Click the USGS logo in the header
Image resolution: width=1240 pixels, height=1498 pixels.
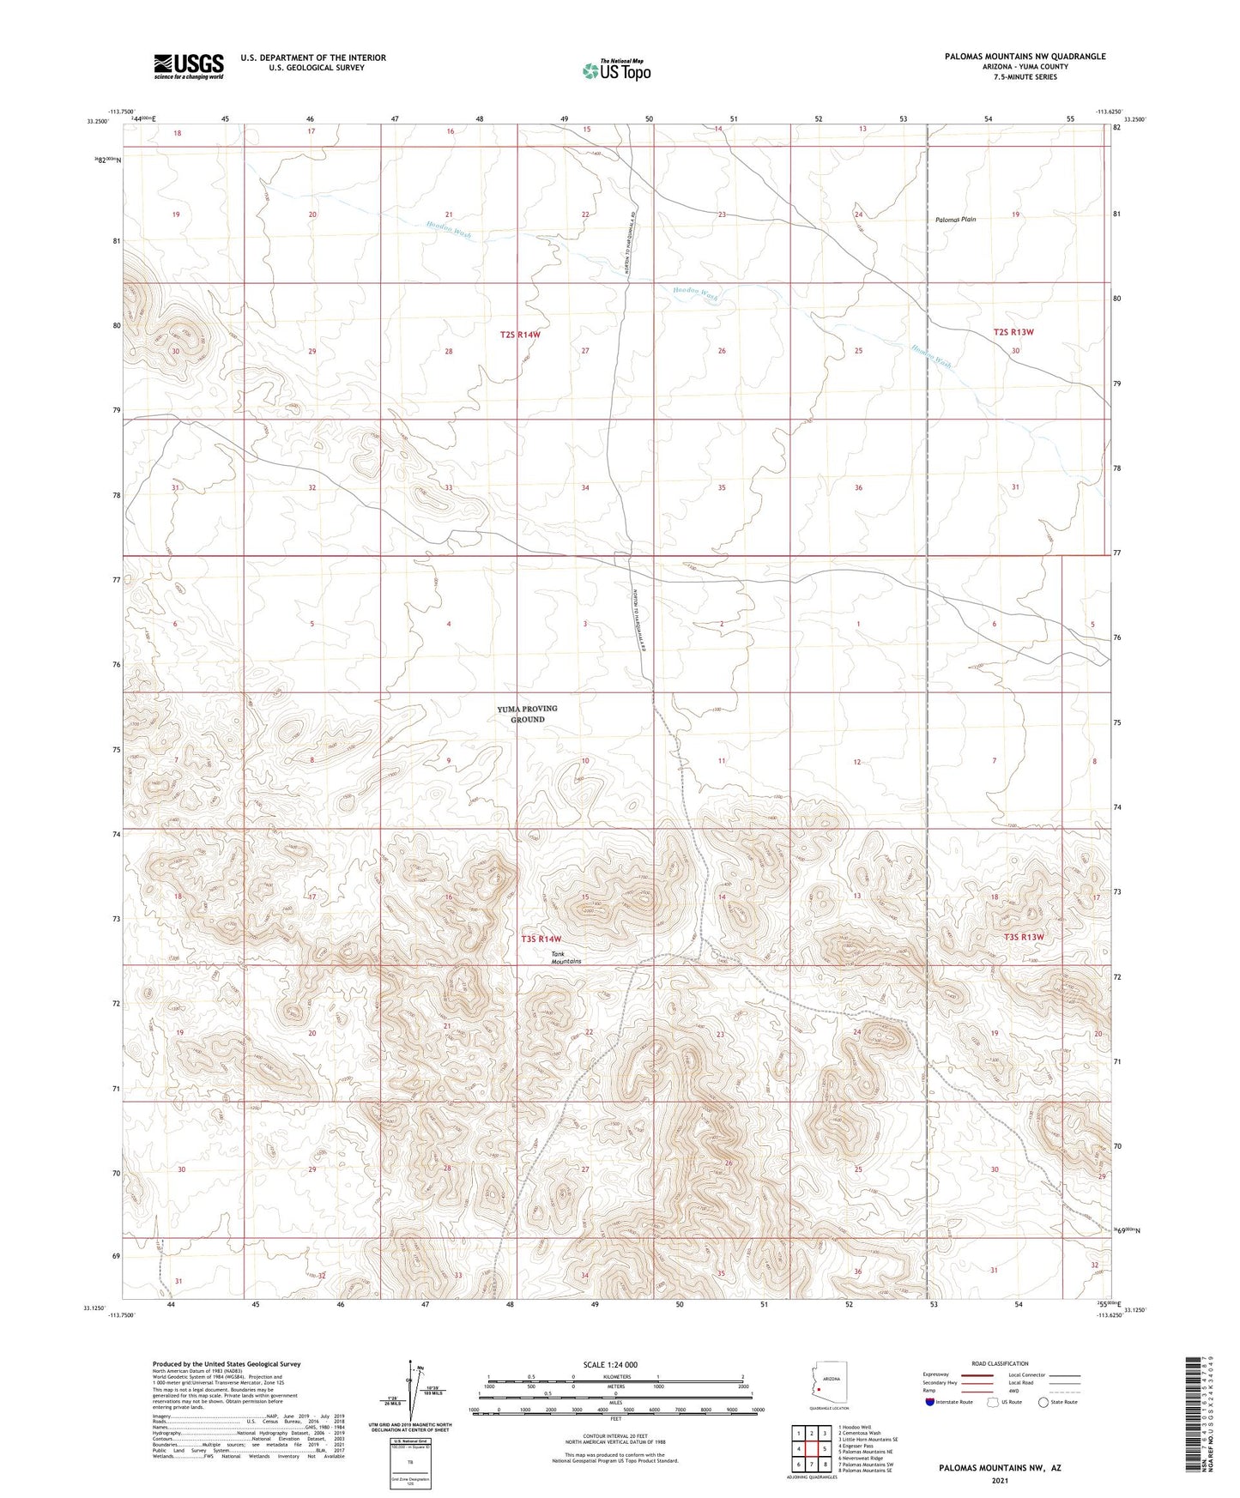(189, 66)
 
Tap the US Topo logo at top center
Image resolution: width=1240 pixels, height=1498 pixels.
(616, 70)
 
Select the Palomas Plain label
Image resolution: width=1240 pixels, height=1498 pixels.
(955, 220)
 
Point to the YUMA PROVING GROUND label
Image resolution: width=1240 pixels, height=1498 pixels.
(527, 714)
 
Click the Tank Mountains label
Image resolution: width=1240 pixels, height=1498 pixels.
(566, 957)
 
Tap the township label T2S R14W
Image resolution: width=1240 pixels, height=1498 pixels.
(520, 335)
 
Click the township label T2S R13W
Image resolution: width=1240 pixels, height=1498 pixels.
(1013, 332)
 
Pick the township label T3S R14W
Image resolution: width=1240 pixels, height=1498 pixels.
(541, 939)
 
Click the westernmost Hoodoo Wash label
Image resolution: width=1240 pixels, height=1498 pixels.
(449, 230)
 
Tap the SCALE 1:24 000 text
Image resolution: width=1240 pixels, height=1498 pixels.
(610, 1364)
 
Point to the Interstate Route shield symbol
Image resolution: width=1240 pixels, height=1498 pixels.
(929, 1402)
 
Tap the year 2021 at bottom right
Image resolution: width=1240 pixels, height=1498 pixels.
(999, 1480)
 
